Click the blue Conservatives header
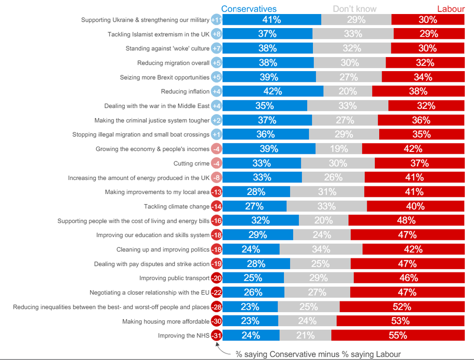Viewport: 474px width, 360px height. [x=249, y=9]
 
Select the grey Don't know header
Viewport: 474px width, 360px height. [x=355, y=9]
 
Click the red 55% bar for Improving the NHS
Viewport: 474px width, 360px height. [x=398, y=335]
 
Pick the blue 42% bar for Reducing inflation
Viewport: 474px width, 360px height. [x=273, y=91]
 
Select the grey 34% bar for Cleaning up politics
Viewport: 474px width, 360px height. [x=321, y=249]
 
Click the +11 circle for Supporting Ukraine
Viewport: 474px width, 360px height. [x=217, y=20]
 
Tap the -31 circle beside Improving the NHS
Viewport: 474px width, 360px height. [x=217, y=335]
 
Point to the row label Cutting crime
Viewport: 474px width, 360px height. [x=192, y=164]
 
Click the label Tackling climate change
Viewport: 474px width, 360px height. [x=177, y=207]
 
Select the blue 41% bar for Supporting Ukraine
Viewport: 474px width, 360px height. [x=271, y=20]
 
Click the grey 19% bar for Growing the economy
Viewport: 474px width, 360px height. [x=339, y=149]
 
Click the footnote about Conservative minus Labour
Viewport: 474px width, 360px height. [x=318, y=354]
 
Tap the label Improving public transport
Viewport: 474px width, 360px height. [x=174, y=278]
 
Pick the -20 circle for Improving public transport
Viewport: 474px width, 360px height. [x=217, y=278]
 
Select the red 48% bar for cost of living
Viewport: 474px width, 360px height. [x=406, y=221]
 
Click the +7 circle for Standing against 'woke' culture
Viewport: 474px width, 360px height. [x=217, y=48]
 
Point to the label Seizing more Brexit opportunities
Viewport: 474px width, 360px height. [x=164, y=77]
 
